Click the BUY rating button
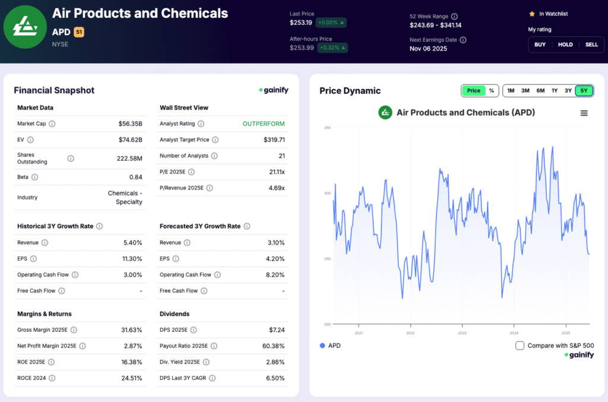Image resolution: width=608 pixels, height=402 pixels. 540,45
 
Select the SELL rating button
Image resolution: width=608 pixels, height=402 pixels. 591,45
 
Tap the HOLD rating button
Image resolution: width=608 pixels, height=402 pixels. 565,45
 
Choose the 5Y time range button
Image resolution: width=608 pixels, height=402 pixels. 584,91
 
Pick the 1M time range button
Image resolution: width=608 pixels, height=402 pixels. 511,91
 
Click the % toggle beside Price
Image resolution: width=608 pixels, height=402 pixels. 492,91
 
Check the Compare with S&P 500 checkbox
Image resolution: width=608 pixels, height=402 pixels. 520,346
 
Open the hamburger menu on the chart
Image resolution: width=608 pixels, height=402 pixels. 584,113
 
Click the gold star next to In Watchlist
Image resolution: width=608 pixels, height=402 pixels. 532,14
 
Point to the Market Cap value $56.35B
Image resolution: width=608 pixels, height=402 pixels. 130,124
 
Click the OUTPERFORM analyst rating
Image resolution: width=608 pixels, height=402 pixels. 263,124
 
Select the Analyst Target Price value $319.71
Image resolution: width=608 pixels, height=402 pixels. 274,140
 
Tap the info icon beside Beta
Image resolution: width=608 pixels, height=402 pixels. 34,178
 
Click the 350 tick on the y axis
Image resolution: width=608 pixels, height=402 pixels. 327,128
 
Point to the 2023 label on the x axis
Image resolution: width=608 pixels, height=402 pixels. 462,333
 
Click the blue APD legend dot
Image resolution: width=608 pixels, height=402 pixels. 322,346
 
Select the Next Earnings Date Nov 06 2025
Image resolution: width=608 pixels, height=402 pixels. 428,49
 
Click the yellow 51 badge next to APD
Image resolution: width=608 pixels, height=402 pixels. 78,32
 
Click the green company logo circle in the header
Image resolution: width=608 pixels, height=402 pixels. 25,27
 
